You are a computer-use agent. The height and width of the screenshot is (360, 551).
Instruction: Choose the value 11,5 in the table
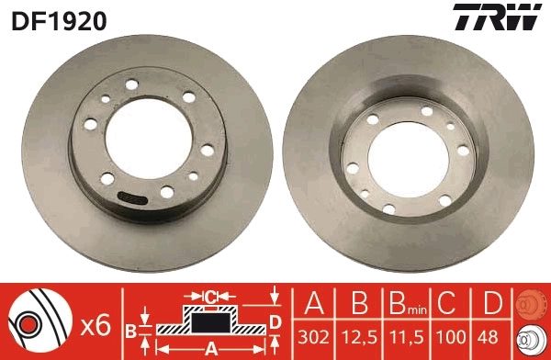403,337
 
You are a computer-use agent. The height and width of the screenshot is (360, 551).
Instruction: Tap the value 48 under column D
491,337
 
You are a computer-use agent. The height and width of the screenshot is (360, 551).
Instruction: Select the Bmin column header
403,304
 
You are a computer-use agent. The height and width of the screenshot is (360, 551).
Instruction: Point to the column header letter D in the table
491,303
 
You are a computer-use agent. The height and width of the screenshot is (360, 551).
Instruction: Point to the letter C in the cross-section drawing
209,297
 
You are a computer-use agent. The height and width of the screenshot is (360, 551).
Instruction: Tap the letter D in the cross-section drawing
275,320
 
